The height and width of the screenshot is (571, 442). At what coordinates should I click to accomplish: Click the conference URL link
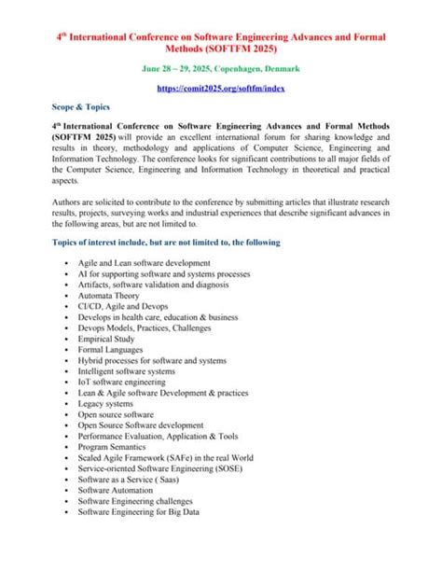pyautogui.click(x=221, y=86)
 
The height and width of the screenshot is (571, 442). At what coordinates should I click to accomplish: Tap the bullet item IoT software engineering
pyautogui.click(x=122, y=382)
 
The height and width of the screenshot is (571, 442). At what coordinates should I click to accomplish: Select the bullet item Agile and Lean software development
pyautogui.click(x=145, y=263)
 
